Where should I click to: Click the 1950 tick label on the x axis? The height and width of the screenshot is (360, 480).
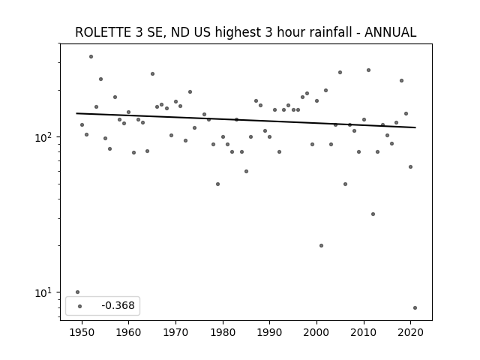pyautogui.click(x=82, y=332)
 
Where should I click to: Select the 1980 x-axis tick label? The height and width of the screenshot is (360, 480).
pyautogui.click(x=223, y=332)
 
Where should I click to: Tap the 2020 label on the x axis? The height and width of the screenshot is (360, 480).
pyautogui.click(x=410, y=332)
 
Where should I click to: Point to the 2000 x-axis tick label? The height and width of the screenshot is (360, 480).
pyautogui.click(x=316, y=332)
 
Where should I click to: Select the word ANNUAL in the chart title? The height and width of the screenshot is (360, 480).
pyautogui.click(x=390, y=32)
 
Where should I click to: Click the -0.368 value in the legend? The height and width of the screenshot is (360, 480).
pyautogui.click(x=118, y=305)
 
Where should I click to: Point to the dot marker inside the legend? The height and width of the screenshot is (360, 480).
pyautogui.click(x=80, y=306)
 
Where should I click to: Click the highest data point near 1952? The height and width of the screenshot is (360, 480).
pyautogui.click(x=91, y=57)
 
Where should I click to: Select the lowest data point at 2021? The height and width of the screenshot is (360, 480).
pyautogui.click(x=415, y=307)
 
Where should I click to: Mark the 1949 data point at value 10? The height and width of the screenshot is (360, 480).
pyautogui.click(x=77, y=292)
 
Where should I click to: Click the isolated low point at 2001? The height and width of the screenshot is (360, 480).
pyautogui.click(x=321, y=245)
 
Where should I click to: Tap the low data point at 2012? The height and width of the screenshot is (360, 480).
pyautogui.click(x=373, y=214)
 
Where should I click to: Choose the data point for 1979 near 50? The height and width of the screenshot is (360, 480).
pyautogui.click(x=217, y=184)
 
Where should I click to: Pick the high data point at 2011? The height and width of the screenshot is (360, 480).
pyautogui.click(x=368, y=70)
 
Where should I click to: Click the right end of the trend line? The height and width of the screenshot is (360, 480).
pyautogui.click(x=415, y=127)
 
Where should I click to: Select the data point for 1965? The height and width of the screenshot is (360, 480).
pyautogui.click(x=152, y=73)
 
